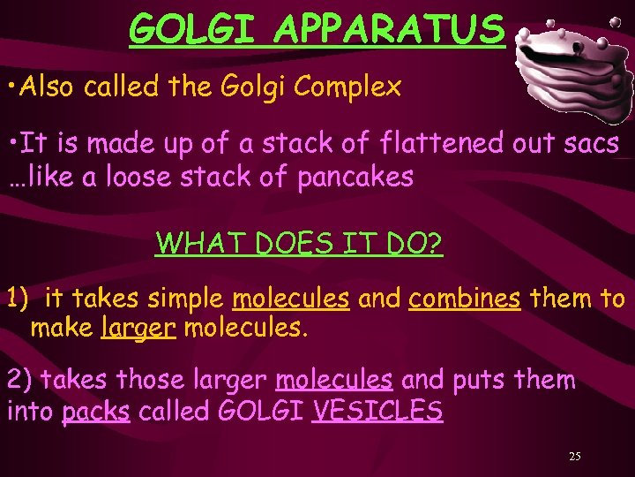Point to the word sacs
pos(591,143)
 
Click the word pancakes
pos(355,178)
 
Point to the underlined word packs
pos(96,412)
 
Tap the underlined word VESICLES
pos(377,411)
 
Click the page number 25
pos(574,457)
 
